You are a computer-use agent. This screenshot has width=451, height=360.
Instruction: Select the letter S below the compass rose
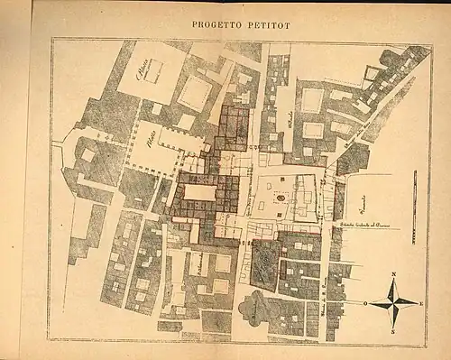[x=393, y=331]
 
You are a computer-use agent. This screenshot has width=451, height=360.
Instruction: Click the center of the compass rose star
[x=393, y=302]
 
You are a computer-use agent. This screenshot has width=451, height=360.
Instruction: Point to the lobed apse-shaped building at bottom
[x=257, y=309]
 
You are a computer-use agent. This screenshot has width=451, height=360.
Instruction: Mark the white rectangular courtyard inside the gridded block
[x=200, y=192]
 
